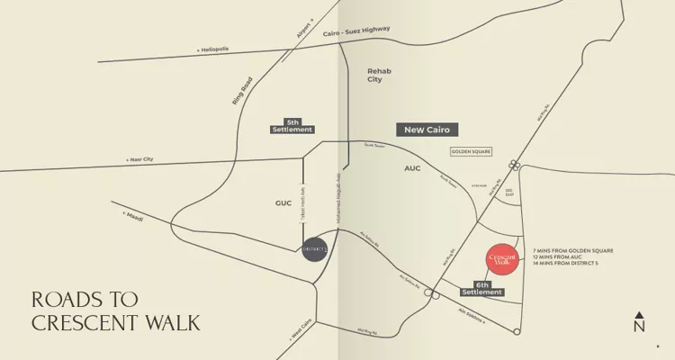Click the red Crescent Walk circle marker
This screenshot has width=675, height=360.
coord(502,259)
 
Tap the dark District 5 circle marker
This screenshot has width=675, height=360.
coord(314,248)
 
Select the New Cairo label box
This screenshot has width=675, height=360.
coord(427,130)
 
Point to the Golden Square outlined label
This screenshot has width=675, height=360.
coord(471,152)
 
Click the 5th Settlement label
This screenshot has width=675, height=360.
coord(292,126)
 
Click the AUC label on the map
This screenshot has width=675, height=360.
coord(412,168)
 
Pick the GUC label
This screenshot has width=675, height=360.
coord(283,204)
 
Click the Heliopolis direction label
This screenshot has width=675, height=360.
coord(213,49)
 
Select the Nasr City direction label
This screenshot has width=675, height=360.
coord(140,159)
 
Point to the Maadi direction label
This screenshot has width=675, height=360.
coord(132,216)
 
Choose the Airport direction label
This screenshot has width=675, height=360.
coord(304,28)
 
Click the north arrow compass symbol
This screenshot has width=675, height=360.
coord(639,322)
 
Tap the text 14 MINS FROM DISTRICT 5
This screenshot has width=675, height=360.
coord(567,263)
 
